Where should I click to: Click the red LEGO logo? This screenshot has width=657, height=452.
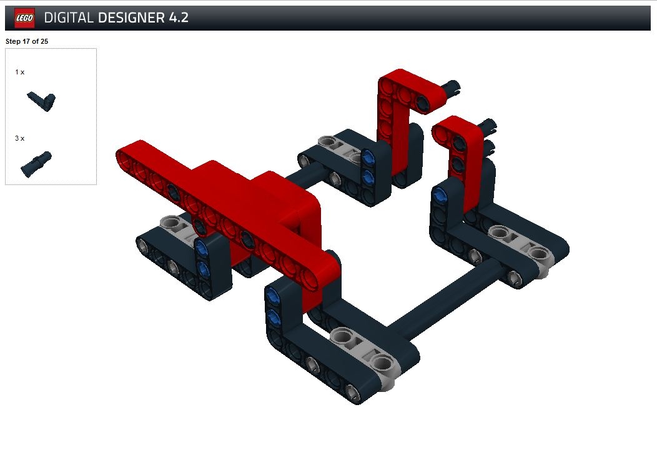pos(24,18)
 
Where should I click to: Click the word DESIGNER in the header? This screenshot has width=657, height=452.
pos(131,18)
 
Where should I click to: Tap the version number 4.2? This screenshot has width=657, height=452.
pos(179,18)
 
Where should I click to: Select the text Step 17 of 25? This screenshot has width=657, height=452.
pos(27,41)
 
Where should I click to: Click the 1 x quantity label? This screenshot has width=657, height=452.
pos(20,72)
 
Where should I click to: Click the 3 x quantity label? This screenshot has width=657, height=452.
pos(20,138)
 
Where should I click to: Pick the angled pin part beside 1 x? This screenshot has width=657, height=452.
pos(41,101)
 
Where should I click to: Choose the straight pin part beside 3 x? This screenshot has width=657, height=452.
pos(36,164)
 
